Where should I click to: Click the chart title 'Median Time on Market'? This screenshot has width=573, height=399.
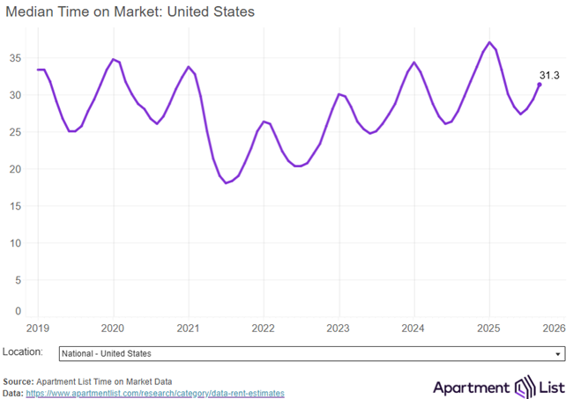(130, 12)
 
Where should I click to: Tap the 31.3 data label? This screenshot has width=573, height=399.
(549, 76)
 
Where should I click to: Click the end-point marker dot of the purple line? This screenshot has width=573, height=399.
(540, 85)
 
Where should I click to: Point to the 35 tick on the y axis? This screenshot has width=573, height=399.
(14, 58)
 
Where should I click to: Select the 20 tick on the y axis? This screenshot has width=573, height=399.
(14, 169)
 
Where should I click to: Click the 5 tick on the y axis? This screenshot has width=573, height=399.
(17, 280)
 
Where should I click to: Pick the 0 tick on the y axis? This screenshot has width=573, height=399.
(17, 311)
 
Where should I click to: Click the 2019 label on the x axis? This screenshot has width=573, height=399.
(38, 329)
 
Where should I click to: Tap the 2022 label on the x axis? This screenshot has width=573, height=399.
(264, 329)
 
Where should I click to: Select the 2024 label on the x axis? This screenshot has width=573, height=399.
(413, 329)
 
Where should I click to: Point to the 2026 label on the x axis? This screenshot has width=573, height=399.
(554, 329)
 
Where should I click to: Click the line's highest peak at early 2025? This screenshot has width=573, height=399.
(490, 42)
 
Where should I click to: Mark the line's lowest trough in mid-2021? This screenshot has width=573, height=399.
(227, 183)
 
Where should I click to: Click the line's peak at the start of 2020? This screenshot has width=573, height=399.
(113, 59)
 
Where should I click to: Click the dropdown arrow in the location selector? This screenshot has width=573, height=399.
(558, 354)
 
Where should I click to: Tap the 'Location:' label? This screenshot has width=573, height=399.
(23, 352)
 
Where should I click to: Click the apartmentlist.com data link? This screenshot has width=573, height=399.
(155, 393)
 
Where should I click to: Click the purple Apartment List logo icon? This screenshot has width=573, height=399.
(525, 386)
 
